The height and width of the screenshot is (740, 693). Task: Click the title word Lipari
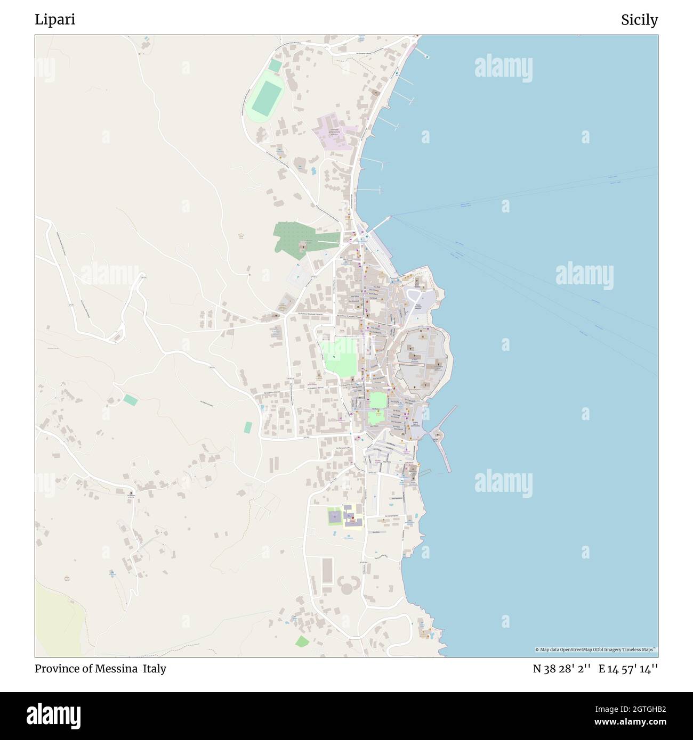coord(55,20)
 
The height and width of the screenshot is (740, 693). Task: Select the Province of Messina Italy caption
coord(100,669)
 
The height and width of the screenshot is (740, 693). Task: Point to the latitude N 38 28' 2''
coord(561,669)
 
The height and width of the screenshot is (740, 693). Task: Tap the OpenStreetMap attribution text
coord(596,649)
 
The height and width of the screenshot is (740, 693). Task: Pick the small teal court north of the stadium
coord(275,65)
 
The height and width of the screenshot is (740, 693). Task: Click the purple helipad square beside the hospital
coord(335,516)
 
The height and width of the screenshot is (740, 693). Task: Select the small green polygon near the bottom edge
coord(302,641)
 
